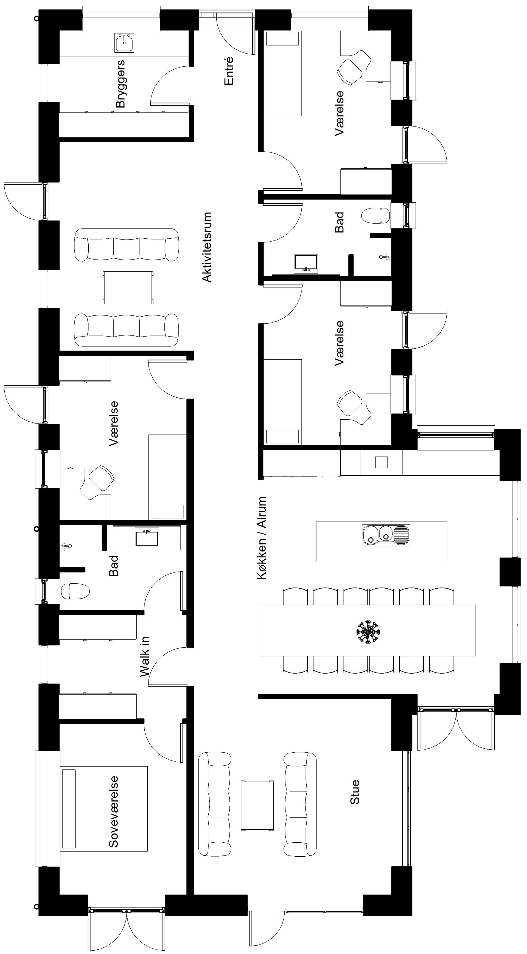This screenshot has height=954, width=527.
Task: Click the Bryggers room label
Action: [x=120, y=84]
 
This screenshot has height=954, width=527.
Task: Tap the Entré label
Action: [x=229, y=71]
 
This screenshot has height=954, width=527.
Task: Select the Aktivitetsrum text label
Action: [x=207, y=247]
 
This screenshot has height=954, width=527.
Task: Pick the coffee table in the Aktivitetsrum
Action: [x=128, y=288]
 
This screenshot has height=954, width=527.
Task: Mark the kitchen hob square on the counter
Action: [x=381, y=462]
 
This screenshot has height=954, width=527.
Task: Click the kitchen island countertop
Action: [x=381, y=541]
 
